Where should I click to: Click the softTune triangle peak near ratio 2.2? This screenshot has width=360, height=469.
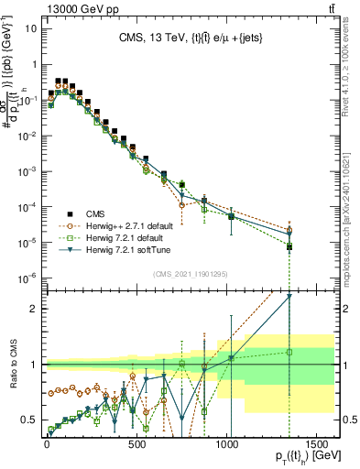pos(289,296)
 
